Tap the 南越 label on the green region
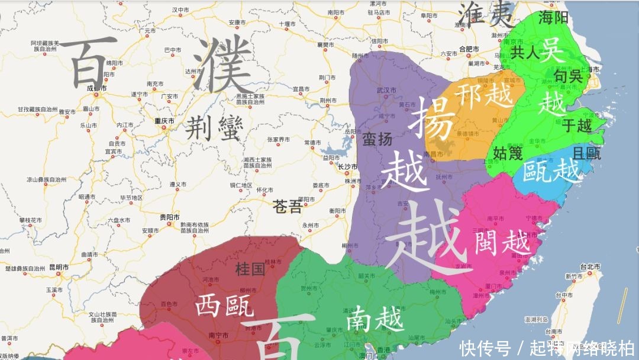tap(375, 320)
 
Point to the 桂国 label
tap(250, 269)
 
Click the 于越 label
tap(576, 125)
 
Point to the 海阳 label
tap(553, 18)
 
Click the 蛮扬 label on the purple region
tap(377, 140)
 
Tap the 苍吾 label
tap(287, 207)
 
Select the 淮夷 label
tap(486, 13)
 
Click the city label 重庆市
tap(164, 121)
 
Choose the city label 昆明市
tap(59, 268)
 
